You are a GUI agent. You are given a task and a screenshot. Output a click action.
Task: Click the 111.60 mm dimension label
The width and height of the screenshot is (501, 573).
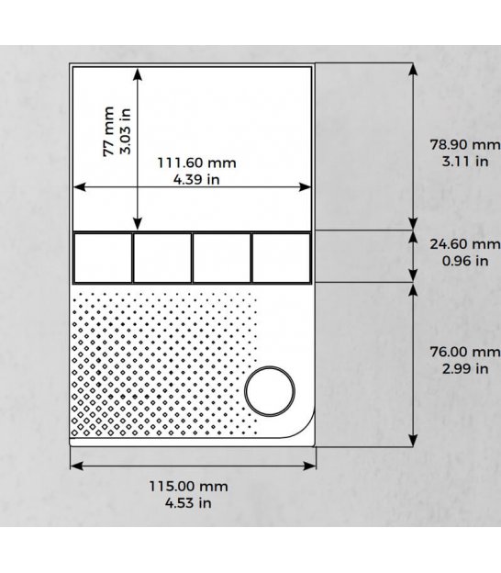pyautogui.click(x=196, y=163)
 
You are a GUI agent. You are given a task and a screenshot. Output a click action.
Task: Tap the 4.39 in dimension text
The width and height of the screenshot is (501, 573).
pyautogui.click(x=196, y=179)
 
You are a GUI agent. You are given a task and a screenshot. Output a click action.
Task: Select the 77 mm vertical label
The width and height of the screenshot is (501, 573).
pyautogui.click(x=109, y=131)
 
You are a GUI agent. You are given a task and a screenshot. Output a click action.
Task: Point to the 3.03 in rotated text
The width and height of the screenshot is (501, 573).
pyautogui.click(x=125, y=131)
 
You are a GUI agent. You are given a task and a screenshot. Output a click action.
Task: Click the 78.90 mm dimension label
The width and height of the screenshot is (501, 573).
pyautogui.click(x=465, y=144)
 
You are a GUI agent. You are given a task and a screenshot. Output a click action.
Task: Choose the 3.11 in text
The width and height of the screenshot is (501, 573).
pyautogui.click(x=465, y=162)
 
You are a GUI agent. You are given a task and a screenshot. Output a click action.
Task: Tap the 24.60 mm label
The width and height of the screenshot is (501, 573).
pyautogui.click(x=465, y=243)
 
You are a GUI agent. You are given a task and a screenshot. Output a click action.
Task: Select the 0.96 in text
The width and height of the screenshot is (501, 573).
pyautogui.click(x=465, y=261)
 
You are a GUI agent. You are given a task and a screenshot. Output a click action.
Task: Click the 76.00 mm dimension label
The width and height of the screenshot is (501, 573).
pyautogui.click(x=465, y=352)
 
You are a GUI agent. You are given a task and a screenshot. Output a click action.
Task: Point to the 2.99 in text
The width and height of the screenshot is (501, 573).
pyautogui.click(x=465, y=369)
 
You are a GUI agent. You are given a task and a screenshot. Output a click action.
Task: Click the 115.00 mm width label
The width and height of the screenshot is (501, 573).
pyautogui.click(x=188, y=487)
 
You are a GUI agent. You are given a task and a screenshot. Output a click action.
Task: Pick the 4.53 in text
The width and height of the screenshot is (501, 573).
pyautogui.click(x=188, y=503)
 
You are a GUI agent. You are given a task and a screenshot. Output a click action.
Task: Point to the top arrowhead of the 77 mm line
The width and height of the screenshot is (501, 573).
pyautogui.click(x=138, y=73)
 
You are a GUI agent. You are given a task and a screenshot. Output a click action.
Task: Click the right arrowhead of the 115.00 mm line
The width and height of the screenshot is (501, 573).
pyautogui.click(x=309, y=466)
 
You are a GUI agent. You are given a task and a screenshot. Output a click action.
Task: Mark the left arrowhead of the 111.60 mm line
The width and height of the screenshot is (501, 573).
pyautogui.click(x=80, y=187)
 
